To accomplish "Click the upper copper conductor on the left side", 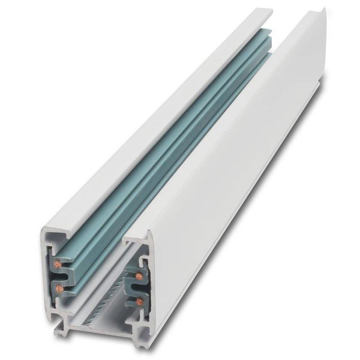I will click(59, 263).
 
